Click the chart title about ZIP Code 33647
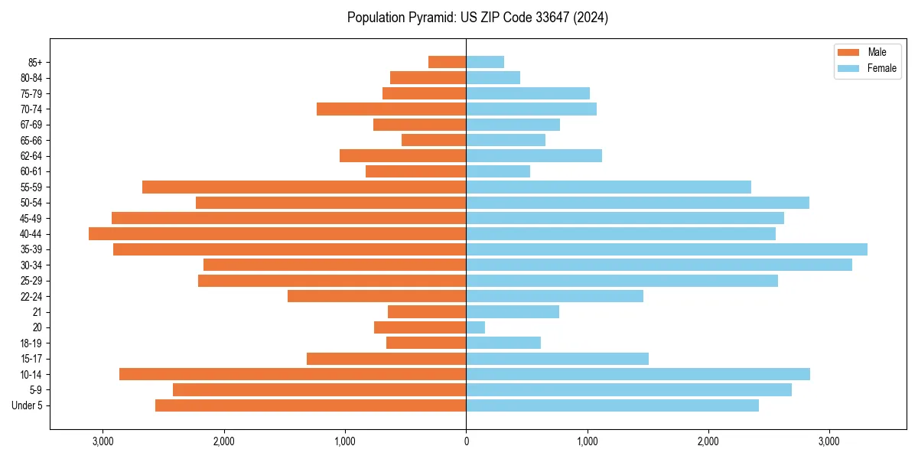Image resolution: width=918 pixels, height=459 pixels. pos(477,18)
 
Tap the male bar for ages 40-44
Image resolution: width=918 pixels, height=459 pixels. pos(277,233)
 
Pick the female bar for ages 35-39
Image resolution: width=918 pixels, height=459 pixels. pos(666,249)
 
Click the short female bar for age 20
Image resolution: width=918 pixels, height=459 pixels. pos(476,327)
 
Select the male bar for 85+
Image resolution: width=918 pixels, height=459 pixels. pos(448,62)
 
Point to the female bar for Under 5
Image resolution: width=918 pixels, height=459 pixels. pos(612,405)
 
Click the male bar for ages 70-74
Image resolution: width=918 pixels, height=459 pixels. pos(391,109)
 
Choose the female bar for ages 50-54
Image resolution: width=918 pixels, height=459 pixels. pos(637,203)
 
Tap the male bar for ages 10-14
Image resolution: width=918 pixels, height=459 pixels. pos(292,374)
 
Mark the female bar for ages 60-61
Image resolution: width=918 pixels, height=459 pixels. pos(498,171)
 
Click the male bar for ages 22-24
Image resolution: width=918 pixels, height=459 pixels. pos(376,296)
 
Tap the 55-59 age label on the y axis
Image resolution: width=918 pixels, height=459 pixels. pos(31,187)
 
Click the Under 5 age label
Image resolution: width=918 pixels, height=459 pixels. pos(28,405)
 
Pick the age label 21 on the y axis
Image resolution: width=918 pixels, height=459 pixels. pos(37,312)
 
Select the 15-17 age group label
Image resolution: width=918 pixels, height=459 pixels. pos(31,359)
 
